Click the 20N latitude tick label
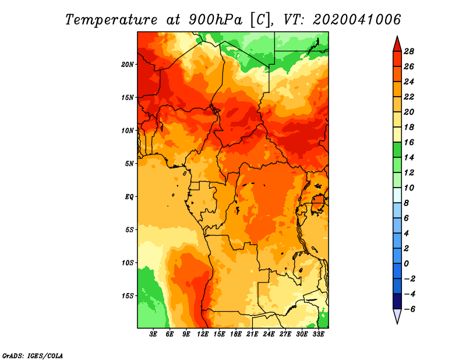coord(128,65)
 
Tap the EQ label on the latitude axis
coord(129,197)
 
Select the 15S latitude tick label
coord(128,296)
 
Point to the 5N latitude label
coord(129,164)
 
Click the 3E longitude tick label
coord(153,334)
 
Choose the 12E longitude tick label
coord(203,334)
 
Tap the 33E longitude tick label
coord(318,334)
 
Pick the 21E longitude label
coord(252,334)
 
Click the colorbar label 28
coord(409,51)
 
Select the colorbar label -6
coord(409,309)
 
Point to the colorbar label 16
coord(409,142)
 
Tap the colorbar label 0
coord(406,264)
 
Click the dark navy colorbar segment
coord(397,301)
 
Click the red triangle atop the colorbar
coord(397,45)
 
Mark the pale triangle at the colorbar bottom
coord(397,315)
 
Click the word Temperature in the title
coord(111,20)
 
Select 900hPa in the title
coord(216,20)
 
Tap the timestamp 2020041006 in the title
coord(356,20)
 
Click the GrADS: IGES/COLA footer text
coord(33,355)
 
